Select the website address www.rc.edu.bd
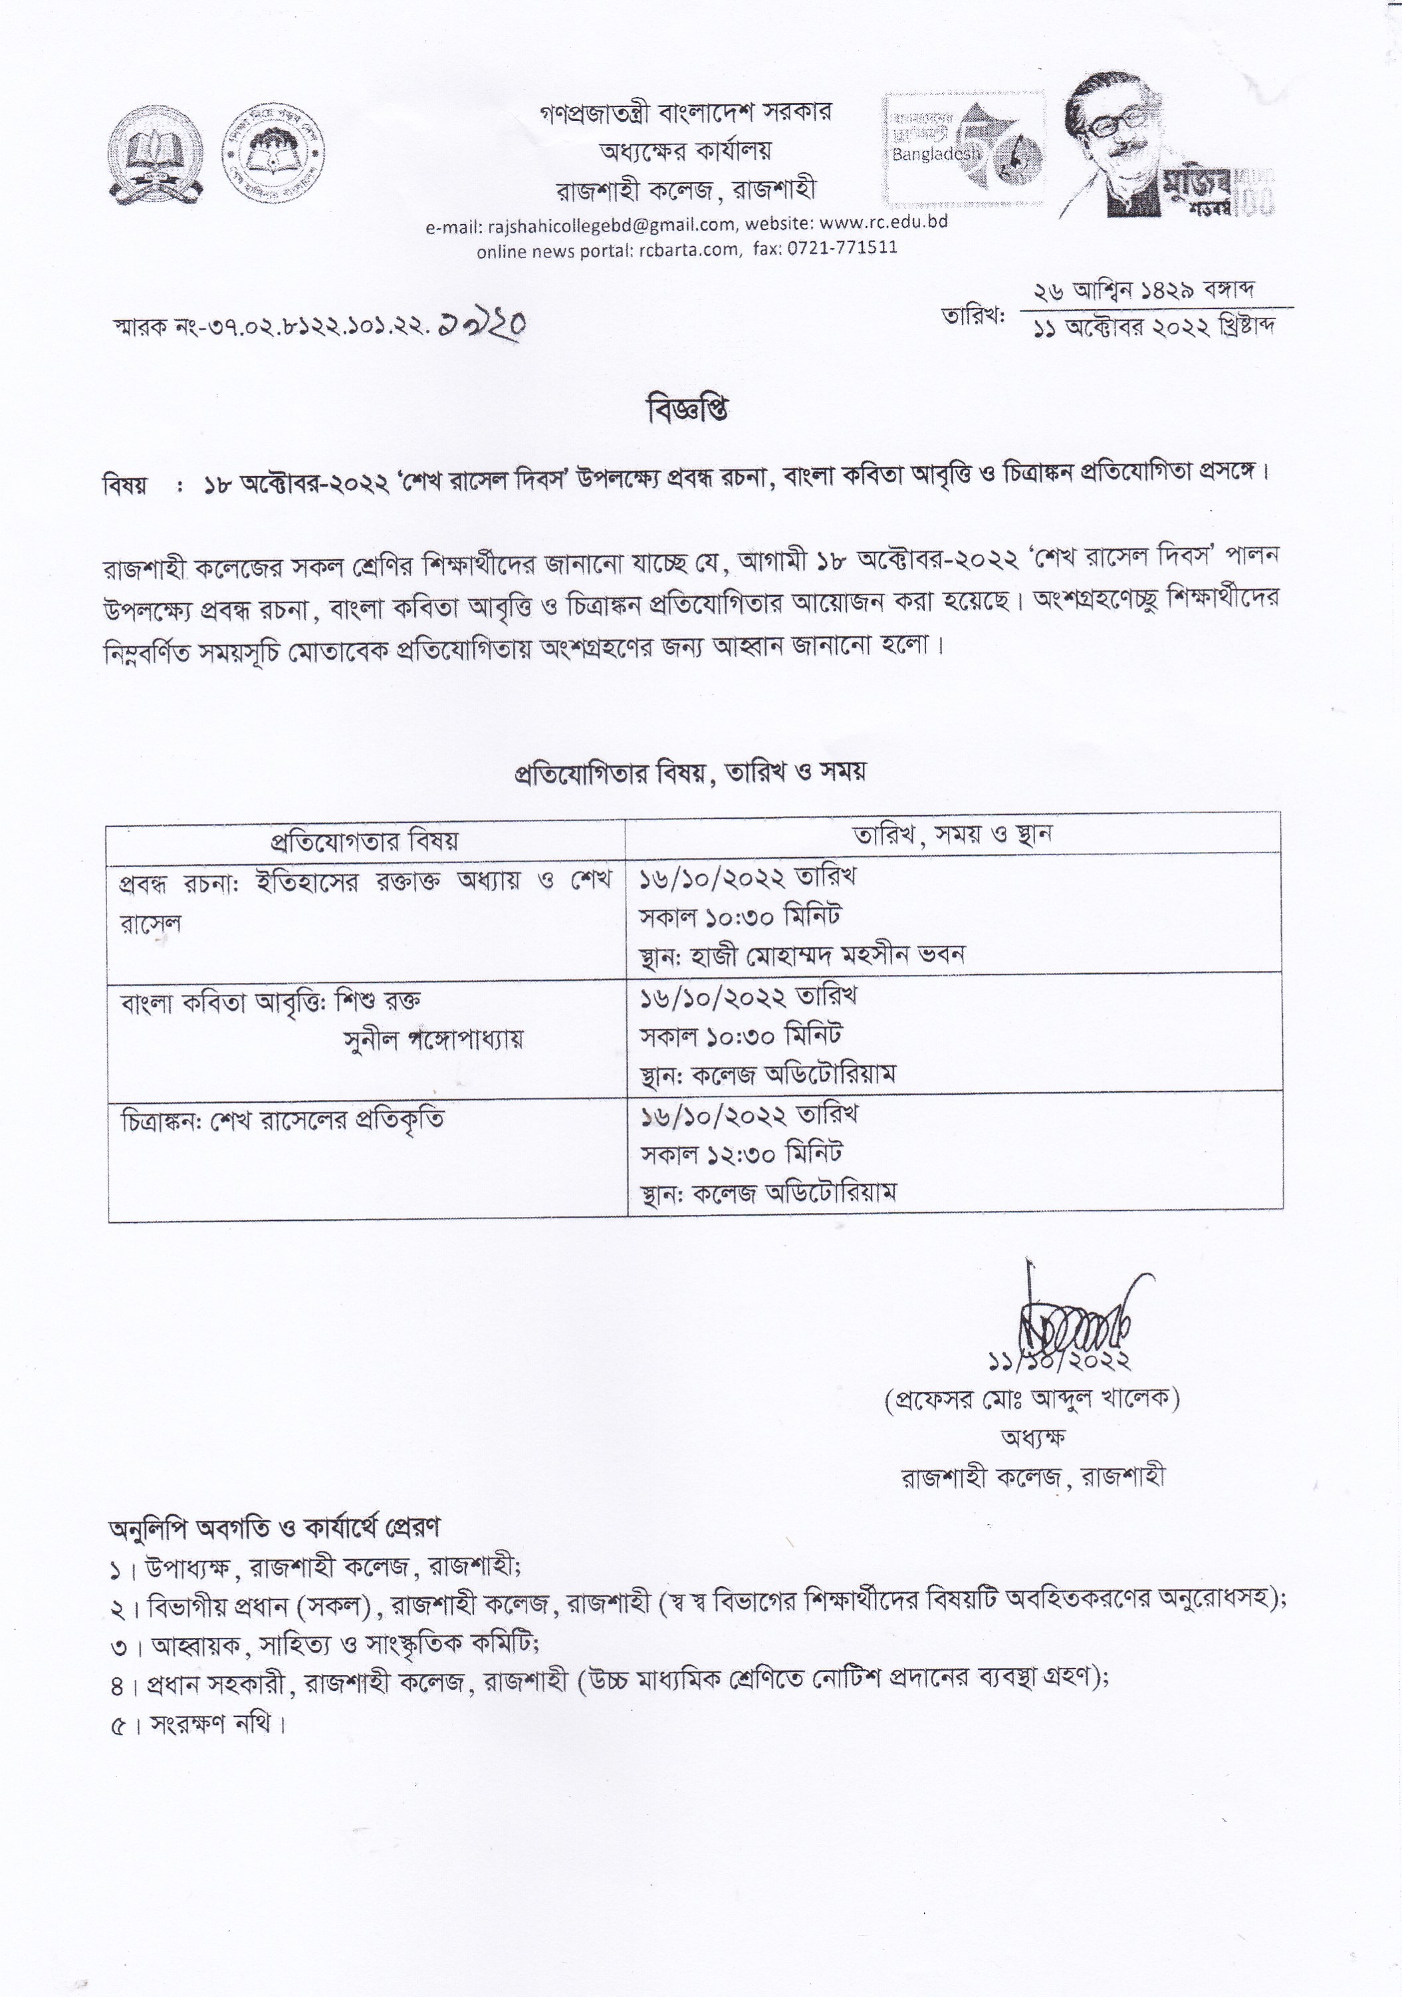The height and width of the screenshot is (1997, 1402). (x=883, y=222)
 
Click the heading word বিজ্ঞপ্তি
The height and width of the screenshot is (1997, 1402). (x=688, y=410)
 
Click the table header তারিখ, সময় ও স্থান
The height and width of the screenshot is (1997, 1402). (x=953, y=834)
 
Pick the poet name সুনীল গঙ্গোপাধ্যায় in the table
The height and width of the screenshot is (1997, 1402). (x=434, y=1039)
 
